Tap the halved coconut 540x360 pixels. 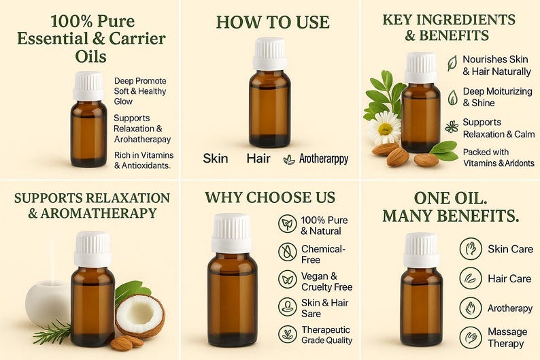point(140,316)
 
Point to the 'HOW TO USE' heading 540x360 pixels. point(273,22)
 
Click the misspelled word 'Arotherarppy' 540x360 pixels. point(324,159)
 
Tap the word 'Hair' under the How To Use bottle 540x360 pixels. point(258,158)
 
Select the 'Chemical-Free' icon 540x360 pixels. point(288,252)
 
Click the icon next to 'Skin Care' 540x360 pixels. point(471,248)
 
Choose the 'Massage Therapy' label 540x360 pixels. point(507,338)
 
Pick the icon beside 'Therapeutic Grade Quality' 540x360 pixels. point(288,335)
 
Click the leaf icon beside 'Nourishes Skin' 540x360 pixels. point(452,63)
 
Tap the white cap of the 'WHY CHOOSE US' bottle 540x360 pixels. point(231,233)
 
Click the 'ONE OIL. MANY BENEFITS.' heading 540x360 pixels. point(450,207)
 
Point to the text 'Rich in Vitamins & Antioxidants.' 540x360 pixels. point(144,160)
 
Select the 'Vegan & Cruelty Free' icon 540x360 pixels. point(288,279)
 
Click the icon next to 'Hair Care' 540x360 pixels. point(471,278)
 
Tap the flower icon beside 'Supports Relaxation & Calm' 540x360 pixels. point(452,127)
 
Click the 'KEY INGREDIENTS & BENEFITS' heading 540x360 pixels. point(449,27)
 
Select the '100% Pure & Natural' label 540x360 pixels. point(324,226)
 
